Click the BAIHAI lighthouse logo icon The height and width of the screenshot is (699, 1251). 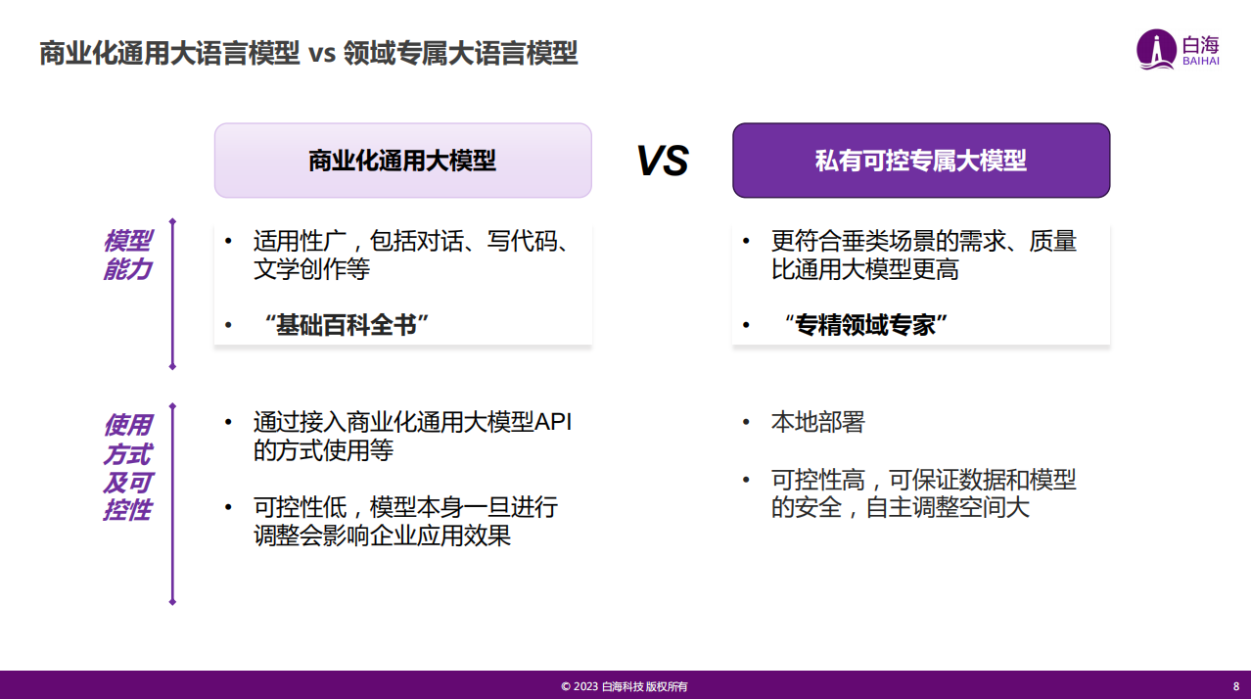pos(1155,49)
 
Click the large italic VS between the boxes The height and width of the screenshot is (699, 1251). pos(663,161)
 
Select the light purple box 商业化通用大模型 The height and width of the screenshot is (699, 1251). pos(402,161)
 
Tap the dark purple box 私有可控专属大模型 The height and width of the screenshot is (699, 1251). pos(921,161)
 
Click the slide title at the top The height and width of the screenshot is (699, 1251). pos(308,53)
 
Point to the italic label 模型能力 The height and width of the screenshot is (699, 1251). pos(127,255)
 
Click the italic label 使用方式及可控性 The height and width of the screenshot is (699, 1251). pos(127,467)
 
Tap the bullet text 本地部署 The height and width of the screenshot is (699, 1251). pos(817,422)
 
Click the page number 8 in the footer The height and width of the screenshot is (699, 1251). pos(1235,686)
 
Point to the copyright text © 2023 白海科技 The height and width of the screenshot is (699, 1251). pos(625,686)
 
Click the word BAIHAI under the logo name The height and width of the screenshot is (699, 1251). pos(1201,62)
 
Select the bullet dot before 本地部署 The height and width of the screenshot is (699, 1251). pos(747,422)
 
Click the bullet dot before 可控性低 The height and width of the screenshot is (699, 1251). pos(229,507)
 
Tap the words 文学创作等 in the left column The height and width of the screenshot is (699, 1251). pos(311,269)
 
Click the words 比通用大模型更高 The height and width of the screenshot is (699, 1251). pos(864,269)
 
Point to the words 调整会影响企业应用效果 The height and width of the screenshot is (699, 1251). pos(382,536)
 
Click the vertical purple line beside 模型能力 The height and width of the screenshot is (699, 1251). pos(172,294)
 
